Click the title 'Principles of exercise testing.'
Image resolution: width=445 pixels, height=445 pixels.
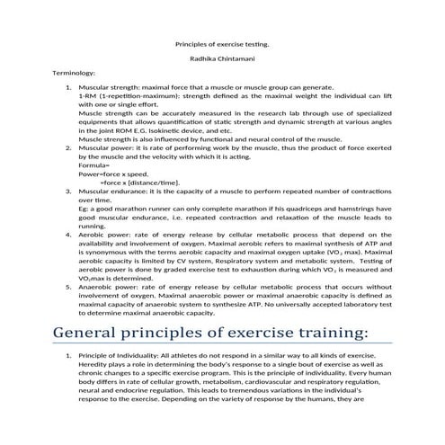221,42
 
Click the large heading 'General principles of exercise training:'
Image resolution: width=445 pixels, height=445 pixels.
211,334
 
